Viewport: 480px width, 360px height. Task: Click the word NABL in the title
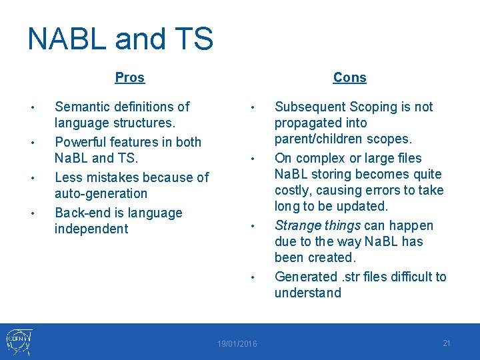point(67,39)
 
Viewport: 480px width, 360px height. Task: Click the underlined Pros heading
point(130,77)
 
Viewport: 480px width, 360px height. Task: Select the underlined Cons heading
point(349,77)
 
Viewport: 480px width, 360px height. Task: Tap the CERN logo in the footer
point(19,341)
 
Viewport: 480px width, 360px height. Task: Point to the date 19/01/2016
point(237,344)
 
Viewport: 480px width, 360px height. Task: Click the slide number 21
point(446,343)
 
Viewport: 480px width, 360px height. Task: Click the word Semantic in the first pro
point(82,107)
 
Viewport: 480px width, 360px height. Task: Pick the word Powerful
point(81,142)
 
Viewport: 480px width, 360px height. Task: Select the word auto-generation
point(101,193)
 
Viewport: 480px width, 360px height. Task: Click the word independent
point(91,229)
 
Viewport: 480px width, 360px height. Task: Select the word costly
point(293,191)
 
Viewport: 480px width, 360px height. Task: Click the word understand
point(307,293)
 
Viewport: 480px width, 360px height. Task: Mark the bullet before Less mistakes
point(33,178)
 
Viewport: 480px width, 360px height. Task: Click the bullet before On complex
point(253,159)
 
